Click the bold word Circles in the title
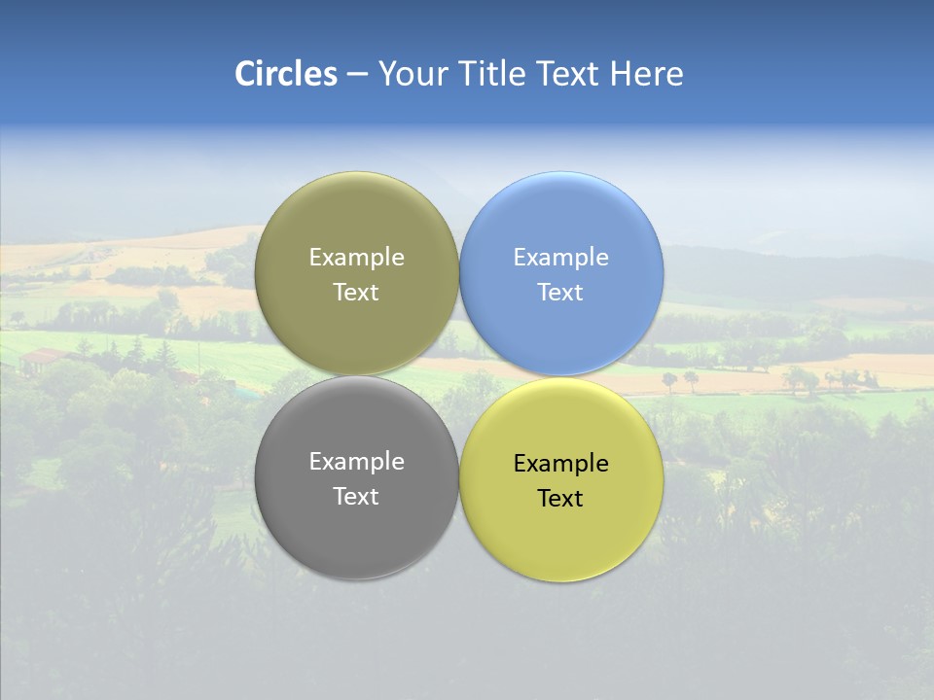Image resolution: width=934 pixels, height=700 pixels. [x=285, y=74]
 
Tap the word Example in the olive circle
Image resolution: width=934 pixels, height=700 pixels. [x=356, y=258]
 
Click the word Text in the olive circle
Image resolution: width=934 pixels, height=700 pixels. [x=356, y=293]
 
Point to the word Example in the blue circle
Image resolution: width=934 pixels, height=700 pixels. [x=560, y=258]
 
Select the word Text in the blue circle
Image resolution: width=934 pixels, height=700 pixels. [x=560, y=293]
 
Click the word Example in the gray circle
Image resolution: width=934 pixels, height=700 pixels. [x=356, y=462]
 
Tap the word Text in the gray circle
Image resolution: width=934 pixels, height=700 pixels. [x=356, y=497]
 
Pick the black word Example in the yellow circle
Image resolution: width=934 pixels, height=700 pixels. [x=560, y=464]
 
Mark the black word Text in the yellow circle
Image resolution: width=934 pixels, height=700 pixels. [x=560, y=499]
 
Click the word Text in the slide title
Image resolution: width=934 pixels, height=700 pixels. [x=568, y=74]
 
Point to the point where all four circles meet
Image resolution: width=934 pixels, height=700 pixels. [x=459, y=376]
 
